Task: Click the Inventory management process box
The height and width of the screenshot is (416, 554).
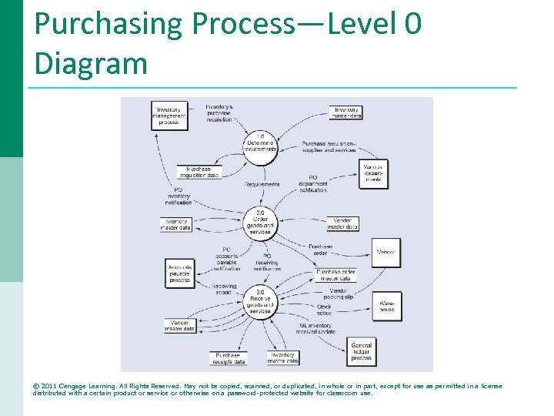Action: pos(169,116)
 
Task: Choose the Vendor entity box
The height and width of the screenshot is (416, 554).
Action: pos(385,252)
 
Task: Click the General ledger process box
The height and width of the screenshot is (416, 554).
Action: pos(361,351)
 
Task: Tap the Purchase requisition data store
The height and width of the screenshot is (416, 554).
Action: pos(199,172)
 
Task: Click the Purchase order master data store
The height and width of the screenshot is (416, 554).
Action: pos(336,275)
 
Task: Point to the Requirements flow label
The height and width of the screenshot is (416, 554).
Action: pos(262,184)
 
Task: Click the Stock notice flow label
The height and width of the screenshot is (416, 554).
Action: pos(324,310)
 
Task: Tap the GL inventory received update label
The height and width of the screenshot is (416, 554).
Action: pos(315,329)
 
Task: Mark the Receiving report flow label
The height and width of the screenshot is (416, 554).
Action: pos(224,289)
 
